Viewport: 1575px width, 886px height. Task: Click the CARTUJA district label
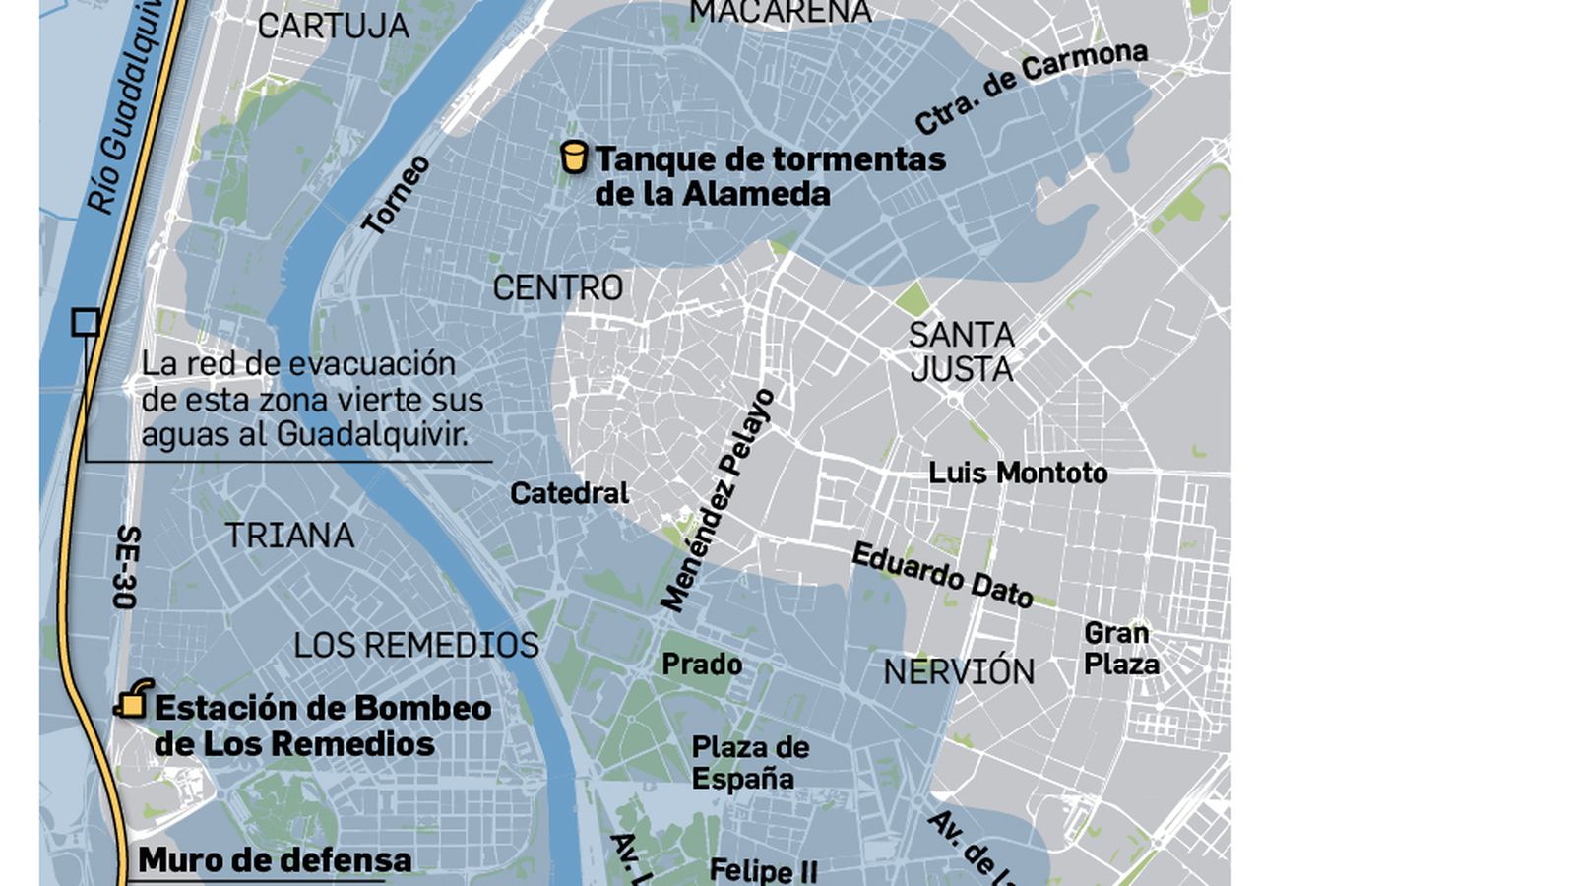pos(333,27)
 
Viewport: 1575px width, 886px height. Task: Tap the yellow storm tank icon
pos(574,158)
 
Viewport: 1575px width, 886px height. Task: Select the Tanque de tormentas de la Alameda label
pos(769,176)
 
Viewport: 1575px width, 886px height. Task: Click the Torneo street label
pos(397,195)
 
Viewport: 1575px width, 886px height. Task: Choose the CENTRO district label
pos(557,288)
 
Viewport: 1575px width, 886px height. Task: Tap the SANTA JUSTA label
pos(961,352)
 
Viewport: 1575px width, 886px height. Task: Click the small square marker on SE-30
pos(86,322)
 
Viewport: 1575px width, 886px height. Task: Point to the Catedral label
pos(569,493)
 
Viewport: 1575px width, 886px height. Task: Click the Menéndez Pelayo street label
pos(718,500)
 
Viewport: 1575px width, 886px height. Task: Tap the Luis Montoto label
pos(1018,474)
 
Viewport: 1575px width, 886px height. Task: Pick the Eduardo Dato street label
pos(942,575)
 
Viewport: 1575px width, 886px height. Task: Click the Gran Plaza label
pos(1120,649)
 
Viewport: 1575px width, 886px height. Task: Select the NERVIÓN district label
pos(959,672)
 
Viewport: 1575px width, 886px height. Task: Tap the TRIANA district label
pos(289,536)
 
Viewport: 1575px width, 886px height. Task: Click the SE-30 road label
pos(127,566)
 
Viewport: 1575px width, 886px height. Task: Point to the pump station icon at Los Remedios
pos(134,700)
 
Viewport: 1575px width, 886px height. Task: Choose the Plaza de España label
pos(749,763)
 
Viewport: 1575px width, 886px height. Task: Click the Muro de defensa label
pos(275,860)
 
